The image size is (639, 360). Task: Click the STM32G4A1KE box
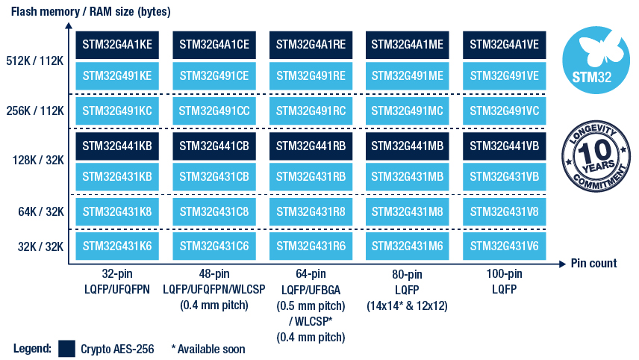click(117, 45)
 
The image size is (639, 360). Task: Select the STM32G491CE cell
click(214, 75)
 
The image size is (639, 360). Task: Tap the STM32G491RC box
click(311, 111)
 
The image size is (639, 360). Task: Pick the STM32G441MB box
click(407, 146)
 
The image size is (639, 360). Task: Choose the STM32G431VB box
click(504, 176)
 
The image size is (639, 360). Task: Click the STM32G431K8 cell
click(117, 211)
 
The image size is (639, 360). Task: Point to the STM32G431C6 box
click(214, 246)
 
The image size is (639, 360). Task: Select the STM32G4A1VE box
click(504, 45)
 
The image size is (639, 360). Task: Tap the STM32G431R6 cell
click(311, 246)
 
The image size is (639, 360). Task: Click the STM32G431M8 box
click(407, 211)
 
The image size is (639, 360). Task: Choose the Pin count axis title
click(593, 263)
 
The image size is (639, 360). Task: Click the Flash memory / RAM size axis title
click(90, 12)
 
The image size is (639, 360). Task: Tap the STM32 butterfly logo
click(593, 55)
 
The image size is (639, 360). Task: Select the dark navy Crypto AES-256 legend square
click(67, 348)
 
